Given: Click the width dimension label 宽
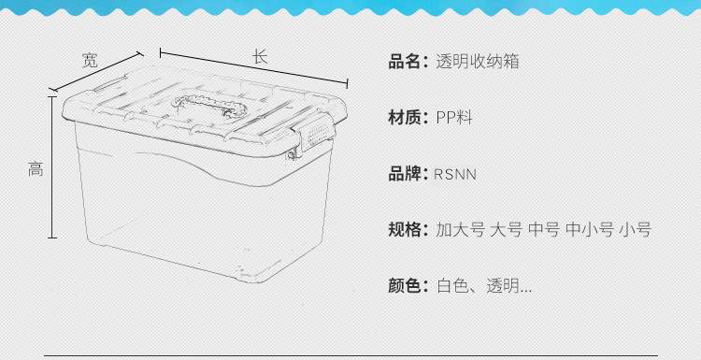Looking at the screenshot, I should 90,61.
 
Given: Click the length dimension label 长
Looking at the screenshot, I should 260,56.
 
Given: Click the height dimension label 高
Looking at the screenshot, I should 36,169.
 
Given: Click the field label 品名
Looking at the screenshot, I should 408,63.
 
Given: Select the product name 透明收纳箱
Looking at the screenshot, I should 477,63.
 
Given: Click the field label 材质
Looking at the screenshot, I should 408,118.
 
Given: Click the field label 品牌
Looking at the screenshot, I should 408,174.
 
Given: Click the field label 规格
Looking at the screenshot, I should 408,230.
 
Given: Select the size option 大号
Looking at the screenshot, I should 506,230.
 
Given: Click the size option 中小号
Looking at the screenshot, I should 589,230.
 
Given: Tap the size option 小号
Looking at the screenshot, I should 635,230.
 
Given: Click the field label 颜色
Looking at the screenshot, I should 408,286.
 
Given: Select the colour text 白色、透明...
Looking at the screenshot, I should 483,286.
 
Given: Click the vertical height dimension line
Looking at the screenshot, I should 51,168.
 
